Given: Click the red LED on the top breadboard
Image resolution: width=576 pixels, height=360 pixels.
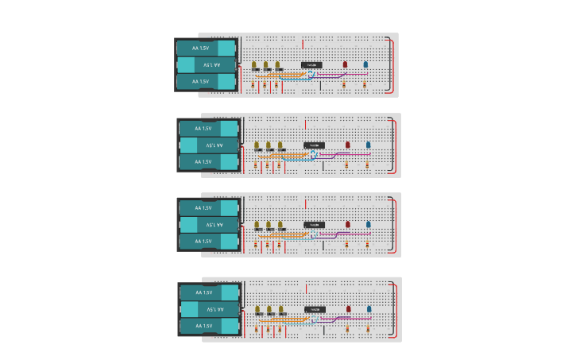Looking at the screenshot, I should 345,64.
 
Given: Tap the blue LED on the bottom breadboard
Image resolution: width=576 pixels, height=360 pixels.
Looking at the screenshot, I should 369,308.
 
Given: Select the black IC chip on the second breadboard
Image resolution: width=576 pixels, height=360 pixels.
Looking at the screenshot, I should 314,145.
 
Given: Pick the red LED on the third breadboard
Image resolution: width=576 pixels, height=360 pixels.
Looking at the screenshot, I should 347,226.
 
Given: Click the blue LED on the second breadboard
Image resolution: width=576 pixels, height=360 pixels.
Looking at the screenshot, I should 368,145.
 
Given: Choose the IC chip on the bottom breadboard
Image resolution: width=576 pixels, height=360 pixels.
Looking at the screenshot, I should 314,309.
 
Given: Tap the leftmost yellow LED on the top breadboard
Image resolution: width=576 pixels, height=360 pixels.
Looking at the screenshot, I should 254,65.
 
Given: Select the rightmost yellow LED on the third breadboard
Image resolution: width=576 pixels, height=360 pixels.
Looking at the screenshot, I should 280,226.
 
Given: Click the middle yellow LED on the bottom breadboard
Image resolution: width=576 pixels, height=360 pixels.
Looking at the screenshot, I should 269,309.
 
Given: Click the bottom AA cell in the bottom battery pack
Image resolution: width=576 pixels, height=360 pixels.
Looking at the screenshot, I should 209,326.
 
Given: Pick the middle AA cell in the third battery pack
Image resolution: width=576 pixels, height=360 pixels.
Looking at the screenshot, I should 207,224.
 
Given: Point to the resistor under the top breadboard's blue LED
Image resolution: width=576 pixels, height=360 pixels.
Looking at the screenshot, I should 365,83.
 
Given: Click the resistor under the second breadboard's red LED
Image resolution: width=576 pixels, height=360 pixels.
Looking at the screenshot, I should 347,165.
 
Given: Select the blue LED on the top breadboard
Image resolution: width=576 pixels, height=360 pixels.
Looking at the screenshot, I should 365,64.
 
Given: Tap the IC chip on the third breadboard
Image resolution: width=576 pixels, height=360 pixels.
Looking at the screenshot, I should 314,226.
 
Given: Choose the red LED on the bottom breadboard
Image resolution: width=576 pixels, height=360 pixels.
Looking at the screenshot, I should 348,308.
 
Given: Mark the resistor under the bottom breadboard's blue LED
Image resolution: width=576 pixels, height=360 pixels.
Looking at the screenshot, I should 369,327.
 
